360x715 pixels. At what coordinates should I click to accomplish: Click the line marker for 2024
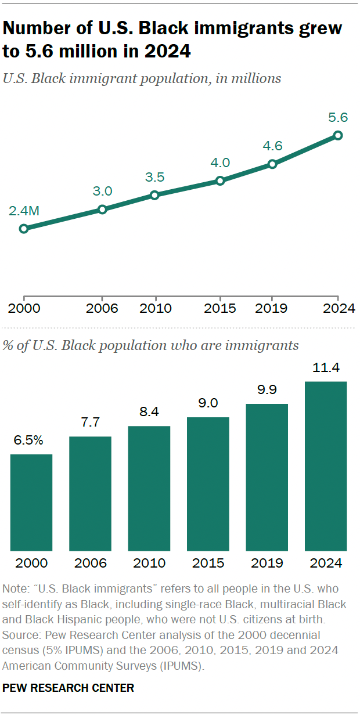(338, 135)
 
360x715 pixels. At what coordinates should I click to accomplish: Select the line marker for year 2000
(24, 229)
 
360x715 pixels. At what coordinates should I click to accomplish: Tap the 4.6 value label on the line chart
(272, 146)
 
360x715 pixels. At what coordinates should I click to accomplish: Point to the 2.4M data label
(24, 211)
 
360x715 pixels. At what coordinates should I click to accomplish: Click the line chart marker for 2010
(154, 195)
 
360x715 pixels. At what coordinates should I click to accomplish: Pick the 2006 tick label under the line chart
(102, 308)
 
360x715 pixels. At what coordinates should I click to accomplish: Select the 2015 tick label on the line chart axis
(220, 308)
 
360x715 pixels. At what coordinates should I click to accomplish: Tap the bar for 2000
(31, 502)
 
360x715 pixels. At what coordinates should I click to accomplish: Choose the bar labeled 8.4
(149, 488)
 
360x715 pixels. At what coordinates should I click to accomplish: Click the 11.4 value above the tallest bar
(326, 367)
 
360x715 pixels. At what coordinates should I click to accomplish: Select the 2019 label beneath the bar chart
(267, 563)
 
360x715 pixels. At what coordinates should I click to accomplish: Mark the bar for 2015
(208, 483)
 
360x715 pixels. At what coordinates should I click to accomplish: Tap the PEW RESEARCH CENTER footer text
(69, 688)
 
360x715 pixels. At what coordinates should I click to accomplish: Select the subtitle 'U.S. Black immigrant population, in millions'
(142, 78)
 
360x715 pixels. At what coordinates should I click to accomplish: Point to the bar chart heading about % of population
(151, 345)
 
